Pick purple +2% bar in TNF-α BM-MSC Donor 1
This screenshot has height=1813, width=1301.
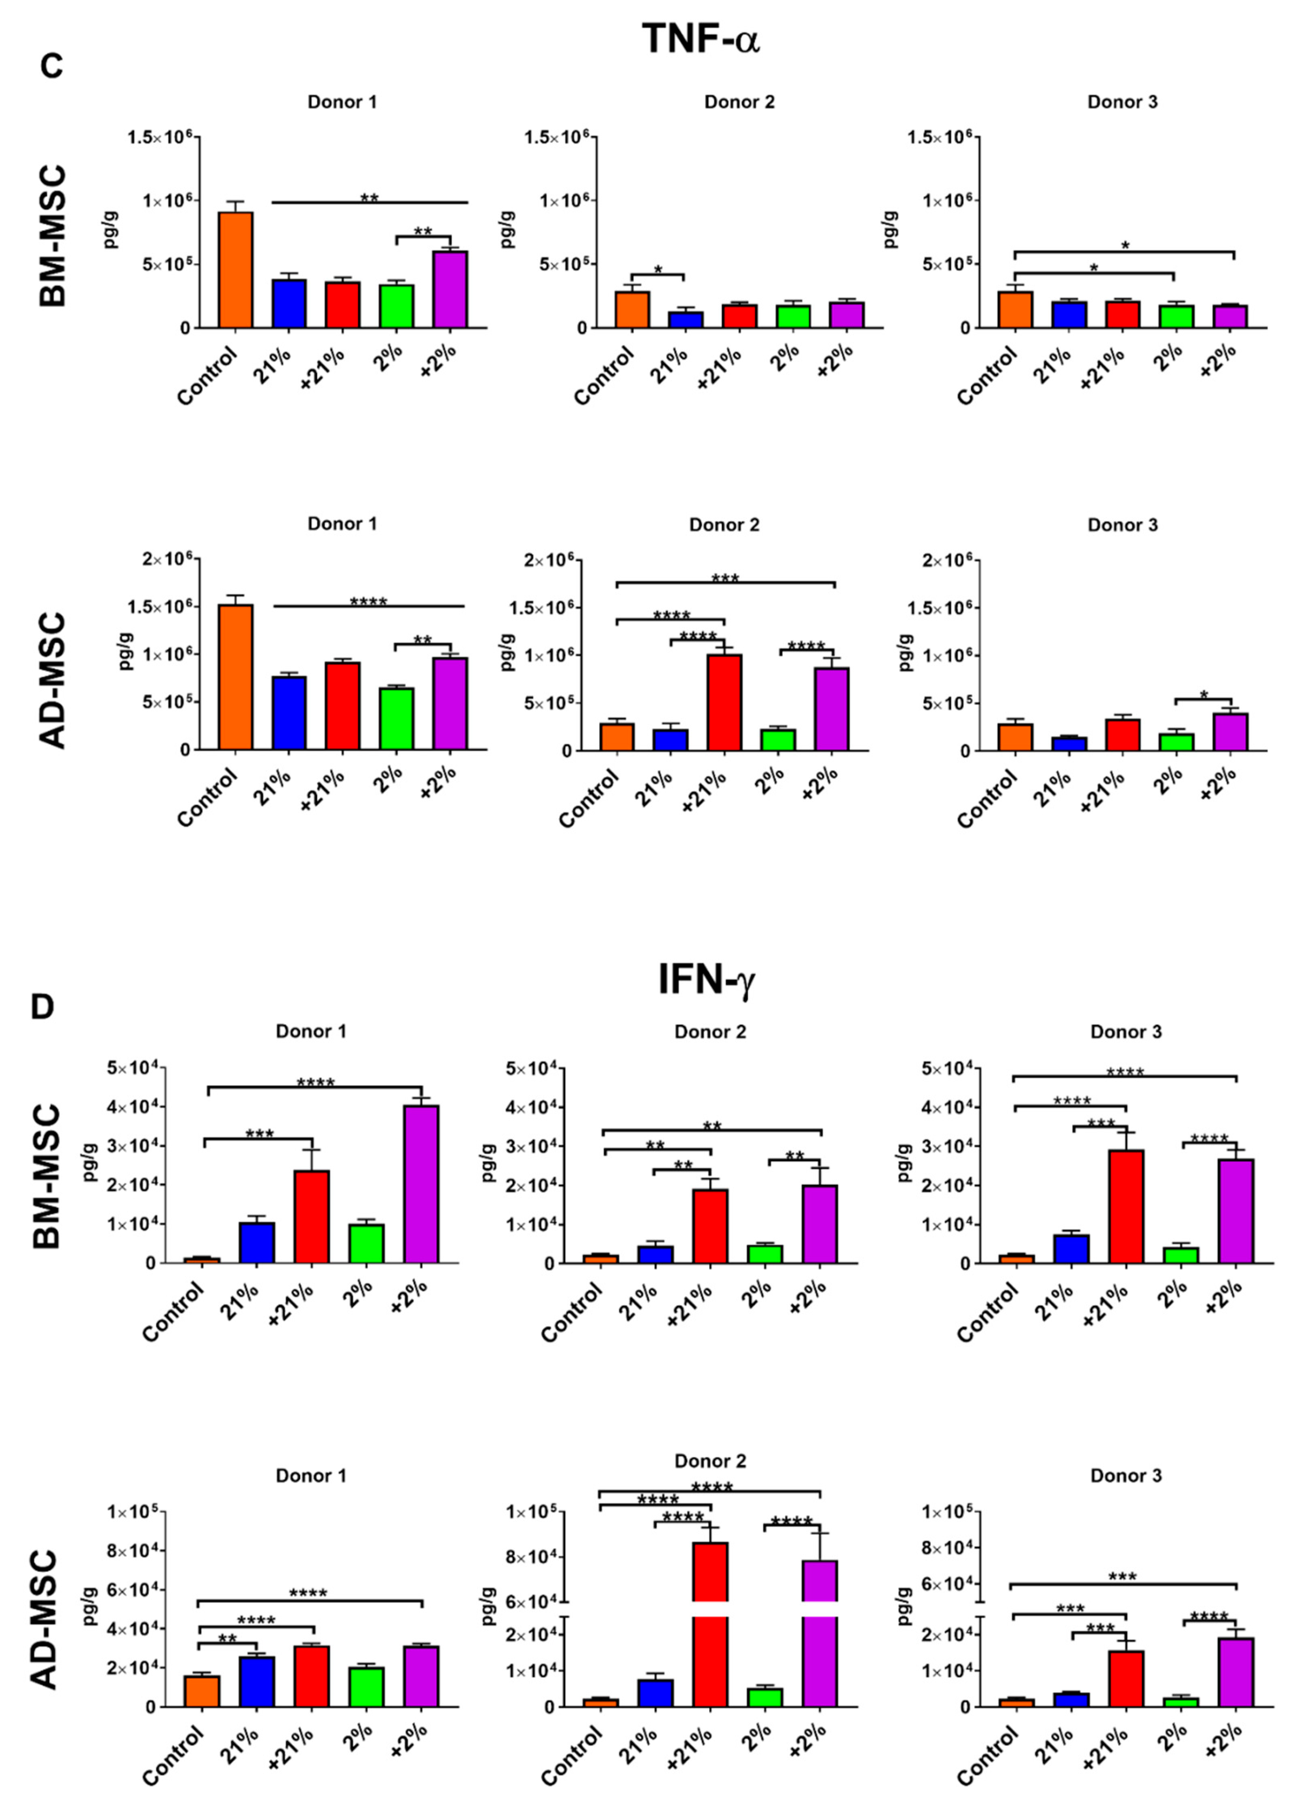point(450,289)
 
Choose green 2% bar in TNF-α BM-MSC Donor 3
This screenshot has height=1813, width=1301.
point(1175,317)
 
